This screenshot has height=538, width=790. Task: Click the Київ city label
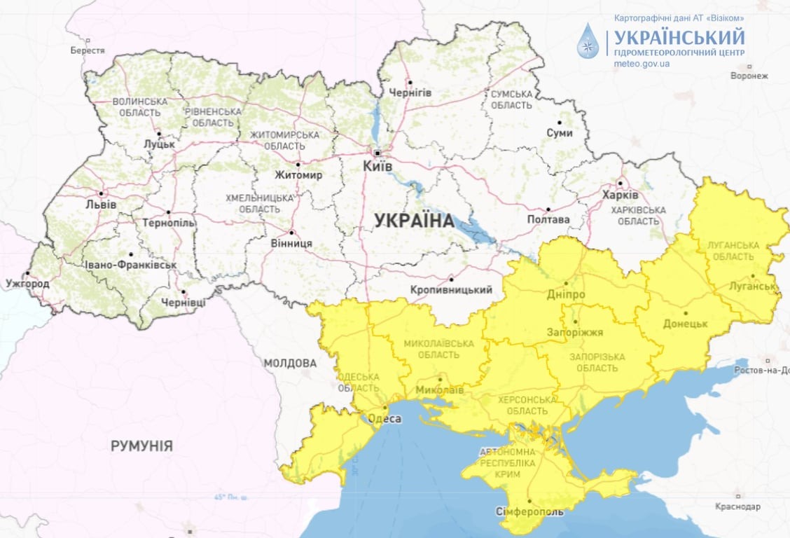[377, 166]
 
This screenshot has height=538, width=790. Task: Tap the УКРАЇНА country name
[414, 221]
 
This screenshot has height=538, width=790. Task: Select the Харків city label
[620, 194]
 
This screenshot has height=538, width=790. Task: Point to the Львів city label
[102, 205]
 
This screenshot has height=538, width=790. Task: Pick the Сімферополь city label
[529, 511]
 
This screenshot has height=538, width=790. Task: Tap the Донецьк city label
[686, 324]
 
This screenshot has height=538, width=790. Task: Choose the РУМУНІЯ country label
[141, 446]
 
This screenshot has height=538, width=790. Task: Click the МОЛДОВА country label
[290, 363]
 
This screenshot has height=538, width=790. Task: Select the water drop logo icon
[588, 41]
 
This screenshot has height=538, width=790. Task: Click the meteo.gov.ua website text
[642, 64]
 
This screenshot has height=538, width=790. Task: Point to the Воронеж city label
[749, 76]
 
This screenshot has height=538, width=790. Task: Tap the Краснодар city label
[737, 506]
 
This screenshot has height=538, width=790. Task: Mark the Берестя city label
[88, 50]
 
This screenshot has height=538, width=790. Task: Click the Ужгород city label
[27, 284]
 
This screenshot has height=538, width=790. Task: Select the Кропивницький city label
[452, 289]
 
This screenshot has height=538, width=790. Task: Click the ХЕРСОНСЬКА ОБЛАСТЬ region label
[527, 405]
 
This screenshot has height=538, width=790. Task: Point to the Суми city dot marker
[559, 122]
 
